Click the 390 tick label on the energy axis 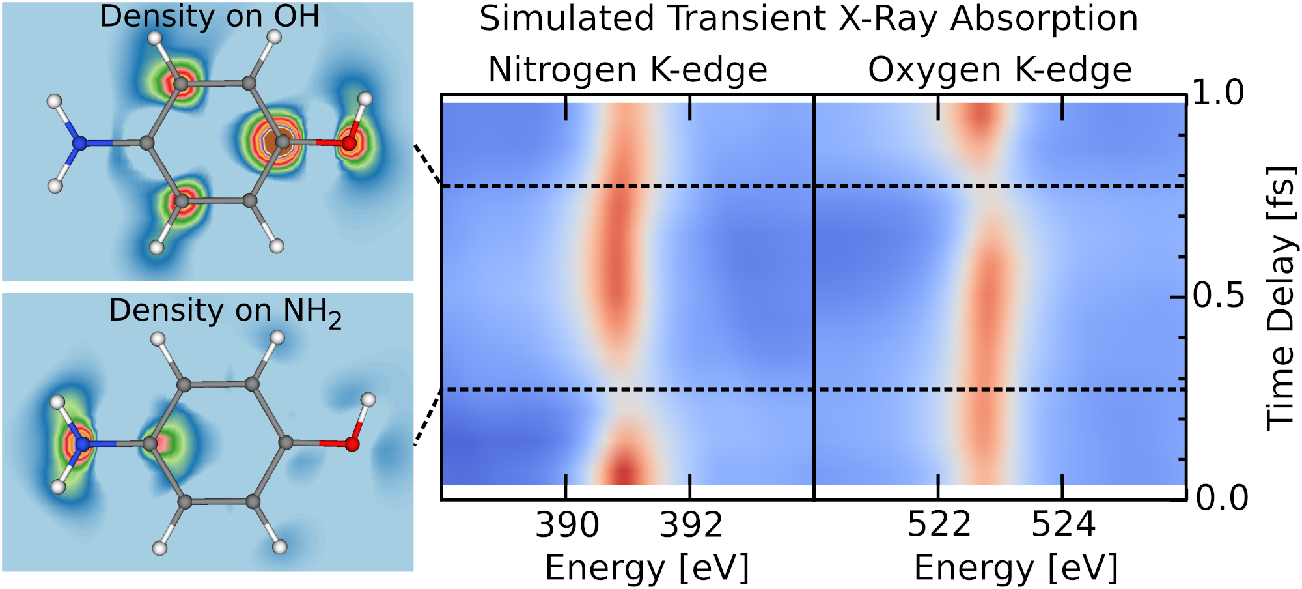566,524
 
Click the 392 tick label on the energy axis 691,524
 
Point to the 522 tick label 939,524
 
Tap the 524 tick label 1063,524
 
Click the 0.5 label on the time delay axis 1219,296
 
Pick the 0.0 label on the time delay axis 1222,498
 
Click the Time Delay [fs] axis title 1280,298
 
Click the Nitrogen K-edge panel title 628,70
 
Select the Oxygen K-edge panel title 1000,70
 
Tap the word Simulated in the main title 566,18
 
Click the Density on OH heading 210,16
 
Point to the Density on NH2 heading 225,311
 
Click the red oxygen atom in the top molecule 350,143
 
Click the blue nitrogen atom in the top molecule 79,143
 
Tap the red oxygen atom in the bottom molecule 352,444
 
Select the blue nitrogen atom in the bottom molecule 82,444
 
